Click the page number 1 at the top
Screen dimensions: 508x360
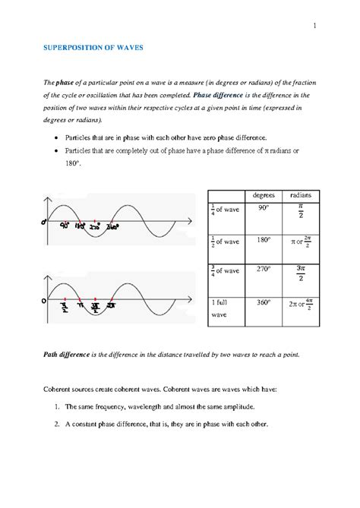pos(314,28)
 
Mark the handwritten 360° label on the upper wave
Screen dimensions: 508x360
pos(112,226)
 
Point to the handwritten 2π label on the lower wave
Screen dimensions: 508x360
pos(111,305)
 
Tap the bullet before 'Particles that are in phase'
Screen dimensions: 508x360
pos(59,139)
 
